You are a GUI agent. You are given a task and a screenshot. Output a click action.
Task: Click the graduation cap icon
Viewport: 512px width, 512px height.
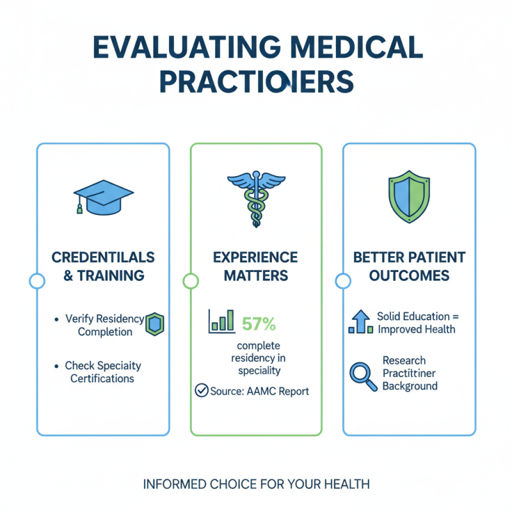coord(103,196)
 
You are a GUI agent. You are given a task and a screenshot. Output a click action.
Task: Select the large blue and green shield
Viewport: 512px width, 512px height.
coord(409,195)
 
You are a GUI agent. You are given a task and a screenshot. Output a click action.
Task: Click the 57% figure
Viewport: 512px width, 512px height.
coord(259,324)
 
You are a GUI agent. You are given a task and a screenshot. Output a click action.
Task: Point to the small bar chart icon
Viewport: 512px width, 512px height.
coord(221,321)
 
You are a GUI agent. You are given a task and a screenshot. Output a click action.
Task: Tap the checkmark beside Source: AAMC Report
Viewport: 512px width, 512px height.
coord(202,391)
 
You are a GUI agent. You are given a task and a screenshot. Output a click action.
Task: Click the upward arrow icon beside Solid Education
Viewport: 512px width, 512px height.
coord(360,321)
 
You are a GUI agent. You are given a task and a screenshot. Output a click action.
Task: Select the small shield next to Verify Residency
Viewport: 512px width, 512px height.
coord(155,324)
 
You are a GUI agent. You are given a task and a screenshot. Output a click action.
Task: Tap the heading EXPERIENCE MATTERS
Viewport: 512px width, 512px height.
coord(256,267)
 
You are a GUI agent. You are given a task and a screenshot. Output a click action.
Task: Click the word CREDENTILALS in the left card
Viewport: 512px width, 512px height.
coord(103,257)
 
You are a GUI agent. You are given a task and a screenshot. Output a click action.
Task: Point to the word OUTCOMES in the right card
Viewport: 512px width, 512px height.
coord(410,276)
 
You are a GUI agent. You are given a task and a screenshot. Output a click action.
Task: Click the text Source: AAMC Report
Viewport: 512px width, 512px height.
coord(259,391)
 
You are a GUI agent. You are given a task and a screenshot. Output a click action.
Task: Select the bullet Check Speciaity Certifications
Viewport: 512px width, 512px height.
coord(103,372)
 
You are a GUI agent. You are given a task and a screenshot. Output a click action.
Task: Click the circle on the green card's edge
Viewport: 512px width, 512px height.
coord(190,280)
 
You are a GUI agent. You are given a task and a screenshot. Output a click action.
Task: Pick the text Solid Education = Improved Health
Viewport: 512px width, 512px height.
coord(416,323)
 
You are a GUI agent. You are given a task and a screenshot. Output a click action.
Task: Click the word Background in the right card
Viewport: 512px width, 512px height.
coord(410,386)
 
